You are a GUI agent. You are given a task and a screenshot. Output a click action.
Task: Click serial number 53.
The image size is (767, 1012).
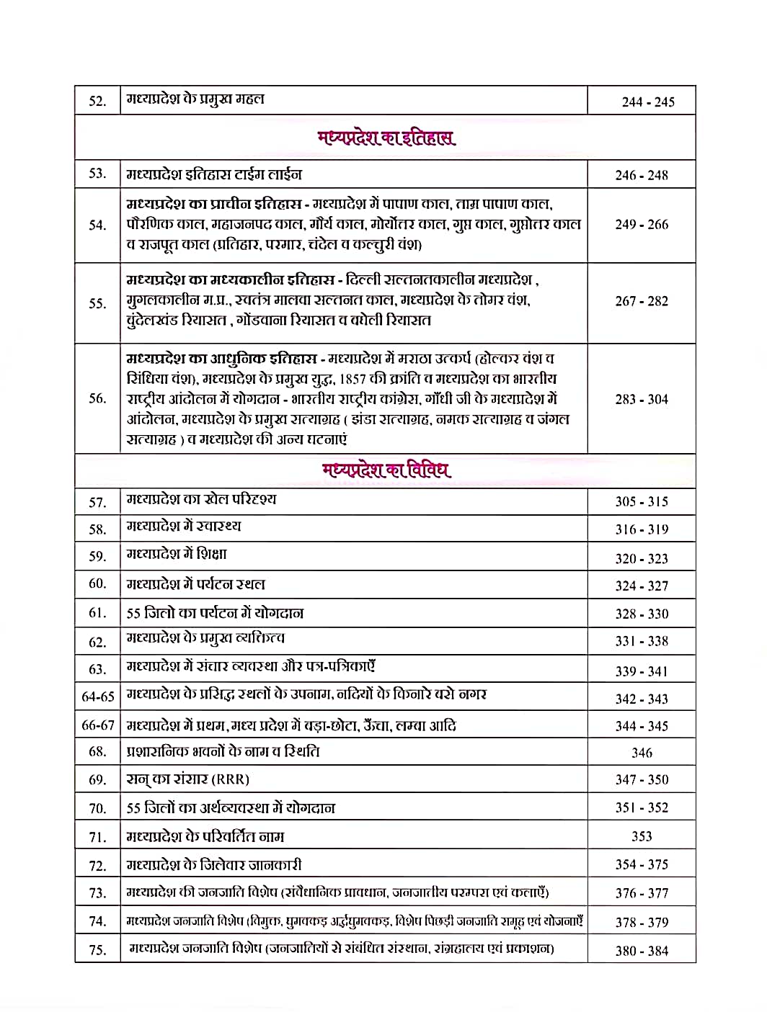pyautogui.click(x=97, y=174)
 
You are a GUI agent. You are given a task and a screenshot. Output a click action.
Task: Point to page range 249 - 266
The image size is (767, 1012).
pyautogui.click(x=642, y=225)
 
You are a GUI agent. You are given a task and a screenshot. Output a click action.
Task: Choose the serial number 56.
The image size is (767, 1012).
pyautogui.click(x=97, y=398)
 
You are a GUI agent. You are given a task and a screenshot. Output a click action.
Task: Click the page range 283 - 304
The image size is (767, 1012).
pyautogui.click(x=642, y=399)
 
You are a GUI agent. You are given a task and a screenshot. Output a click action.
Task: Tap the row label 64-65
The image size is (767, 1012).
pyautogui.click(x=98, y=697)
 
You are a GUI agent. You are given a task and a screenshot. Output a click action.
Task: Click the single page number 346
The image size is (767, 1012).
pyautogui.click(x=642, y=753)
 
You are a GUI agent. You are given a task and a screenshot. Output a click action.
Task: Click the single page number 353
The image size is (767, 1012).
pyautogui.click(x=642, y=836)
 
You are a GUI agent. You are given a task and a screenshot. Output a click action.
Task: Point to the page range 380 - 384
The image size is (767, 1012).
pyautogui.click(x=642, y=951)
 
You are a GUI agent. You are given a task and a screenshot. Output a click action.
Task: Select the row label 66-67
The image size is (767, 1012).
pyautogui.click(x=98, y=725)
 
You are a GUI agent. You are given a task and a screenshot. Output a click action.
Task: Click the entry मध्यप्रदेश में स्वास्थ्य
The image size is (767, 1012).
pyautogui.click(x=184, y=527)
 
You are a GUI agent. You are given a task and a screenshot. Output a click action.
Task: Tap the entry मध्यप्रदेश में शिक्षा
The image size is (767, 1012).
pyautogui.click(x=177, y=555)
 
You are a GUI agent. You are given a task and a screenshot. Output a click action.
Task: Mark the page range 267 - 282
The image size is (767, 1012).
pyautogui.click(x=642, y=301)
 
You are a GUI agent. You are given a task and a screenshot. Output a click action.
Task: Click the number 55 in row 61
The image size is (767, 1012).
pyautogui.click(x=133, y=614)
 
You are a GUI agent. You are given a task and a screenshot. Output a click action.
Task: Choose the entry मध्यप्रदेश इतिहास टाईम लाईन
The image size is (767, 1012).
pyautogui.click(x=214, y=174)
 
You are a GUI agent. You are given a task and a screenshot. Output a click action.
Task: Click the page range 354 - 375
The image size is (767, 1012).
pyautogui.click(x=642, y=864)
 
